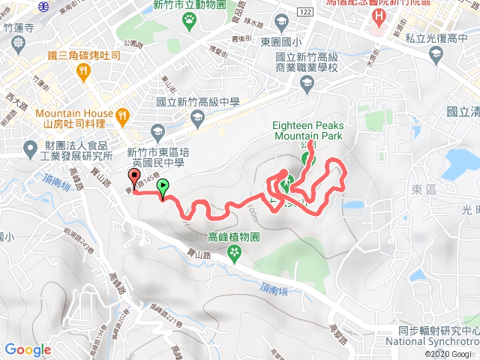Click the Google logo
tap(28, 349)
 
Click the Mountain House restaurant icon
tap(122, 115)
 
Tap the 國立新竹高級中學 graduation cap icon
tap(196, 117)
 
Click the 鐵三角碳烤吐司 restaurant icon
tap(83, 70)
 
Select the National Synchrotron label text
tap(438, 342)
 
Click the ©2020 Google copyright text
tap(449, 354)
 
